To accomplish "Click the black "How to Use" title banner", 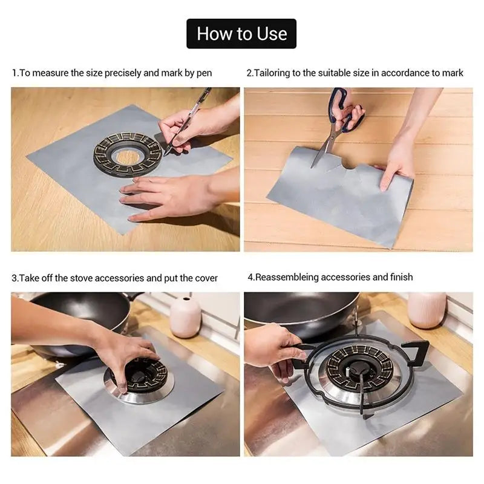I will [x=241, y=34].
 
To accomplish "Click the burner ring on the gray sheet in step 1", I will [x=128, y=154].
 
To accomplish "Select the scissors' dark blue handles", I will [x=346, y=109].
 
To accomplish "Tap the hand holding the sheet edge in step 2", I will [x=396, y=166].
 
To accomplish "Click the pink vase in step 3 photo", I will [x=185, y=317].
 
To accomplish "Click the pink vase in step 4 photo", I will [x=427, y=310].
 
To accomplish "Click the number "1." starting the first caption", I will [x=15, y=73].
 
